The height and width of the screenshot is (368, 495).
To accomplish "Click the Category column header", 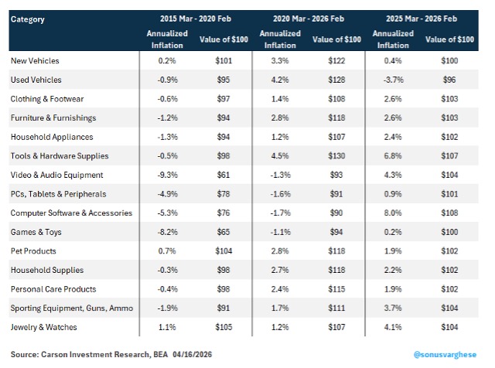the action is point(28,19).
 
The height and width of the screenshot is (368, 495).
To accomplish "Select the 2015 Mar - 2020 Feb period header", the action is point(196,19).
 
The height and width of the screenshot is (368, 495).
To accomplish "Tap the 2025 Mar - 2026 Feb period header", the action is point(422,19).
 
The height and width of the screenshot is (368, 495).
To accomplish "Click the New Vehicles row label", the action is point(35,60).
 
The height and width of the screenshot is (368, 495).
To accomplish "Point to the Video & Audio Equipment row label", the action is point(56,175).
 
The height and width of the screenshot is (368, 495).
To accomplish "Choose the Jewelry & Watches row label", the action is point(43,327).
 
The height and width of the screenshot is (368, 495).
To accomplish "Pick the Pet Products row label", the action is point(33,251).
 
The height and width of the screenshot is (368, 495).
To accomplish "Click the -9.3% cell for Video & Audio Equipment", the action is point(167,175).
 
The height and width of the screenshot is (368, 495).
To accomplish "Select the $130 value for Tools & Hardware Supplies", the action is point(336,156).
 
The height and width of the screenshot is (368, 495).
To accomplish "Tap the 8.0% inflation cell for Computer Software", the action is point(393,213).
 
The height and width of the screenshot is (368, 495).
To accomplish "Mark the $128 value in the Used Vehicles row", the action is point(336,80).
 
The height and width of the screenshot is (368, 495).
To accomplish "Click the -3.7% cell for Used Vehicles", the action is point(394,80).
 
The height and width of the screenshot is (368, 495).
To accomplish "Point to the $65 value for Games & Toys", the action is point(224,232).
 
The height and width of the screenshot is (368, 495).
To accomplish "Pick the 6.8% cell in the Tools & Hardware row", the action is point(393,156).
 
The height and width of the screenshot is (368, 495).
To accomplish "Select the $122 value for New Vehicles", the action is point(336,60).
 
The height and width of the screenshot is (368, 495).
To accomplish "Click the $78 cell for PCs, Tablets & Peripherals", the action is point(224,194).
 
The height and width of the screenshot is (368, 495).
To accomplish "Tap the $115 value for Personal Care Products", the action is point(336,289).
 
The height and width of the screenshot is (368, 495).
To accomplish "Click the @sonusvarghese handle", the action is point(445,355).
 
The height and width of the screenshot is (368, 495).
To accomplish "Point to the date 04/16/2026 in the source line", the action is point(193,354).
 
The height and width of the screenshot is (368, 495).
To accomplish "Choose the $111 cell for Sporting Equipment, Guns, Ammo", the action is point(336,308).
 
